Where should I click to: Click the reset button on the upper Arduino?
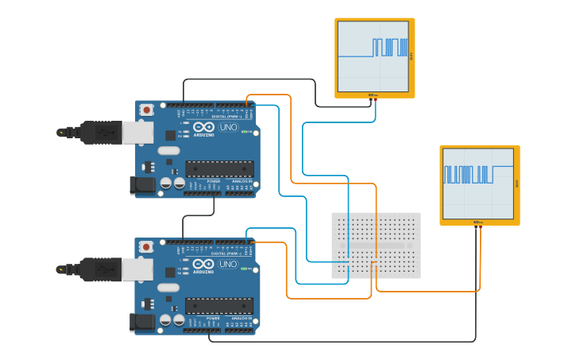[146, 110]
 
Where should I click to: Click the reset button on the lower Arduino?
[146, 247]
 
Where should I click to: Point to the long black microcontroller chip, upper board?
[220, 168]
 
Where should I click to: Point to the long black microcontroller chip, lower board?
[220, 305]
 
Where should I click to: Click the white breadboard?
[376, 246]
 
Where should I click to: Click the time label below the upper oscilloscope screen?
[373, 95]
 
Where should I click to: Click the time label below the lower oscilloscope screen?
[477, 223]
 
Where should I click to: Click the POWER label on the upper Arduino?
[213, 181]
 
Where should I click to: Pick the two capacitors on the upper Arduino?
[172, 184]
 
